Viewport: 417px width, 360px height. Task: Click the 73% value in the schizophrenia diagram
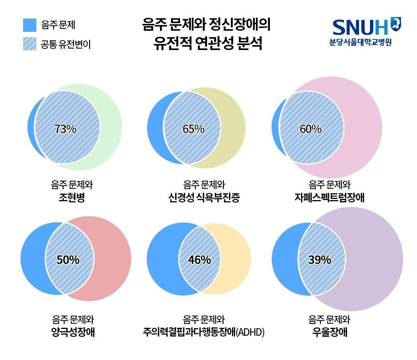[x=65, y=129]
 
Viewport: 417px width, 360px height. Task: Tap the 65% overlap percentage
[x=193, y=129]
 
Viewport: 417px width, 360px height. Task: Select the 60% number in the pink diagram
[x=310, y=129]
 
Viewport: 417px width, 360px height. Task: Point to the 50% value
[x=68, y=260]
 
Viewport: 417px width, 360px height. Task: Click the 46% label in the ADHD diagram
[x=199, y=260]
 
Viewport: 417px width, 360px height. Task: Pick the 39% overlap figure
[x=320, y=260]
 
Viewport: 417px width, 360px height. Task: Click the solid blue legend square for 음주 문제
[x=30, y=25]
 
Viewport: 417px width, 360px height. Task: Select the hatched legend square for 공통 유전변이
[x=30, y=44]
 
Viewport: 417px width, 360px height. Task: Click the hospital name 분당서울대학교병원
[x=361, y=42]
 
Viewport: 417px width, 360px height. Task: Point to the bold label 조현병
[x=72, y=197]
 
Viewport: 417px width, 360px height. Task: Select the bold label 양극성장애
[x=73, y=332]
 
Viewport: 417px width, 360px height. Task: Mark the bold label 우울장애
[x=330, y=332]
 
